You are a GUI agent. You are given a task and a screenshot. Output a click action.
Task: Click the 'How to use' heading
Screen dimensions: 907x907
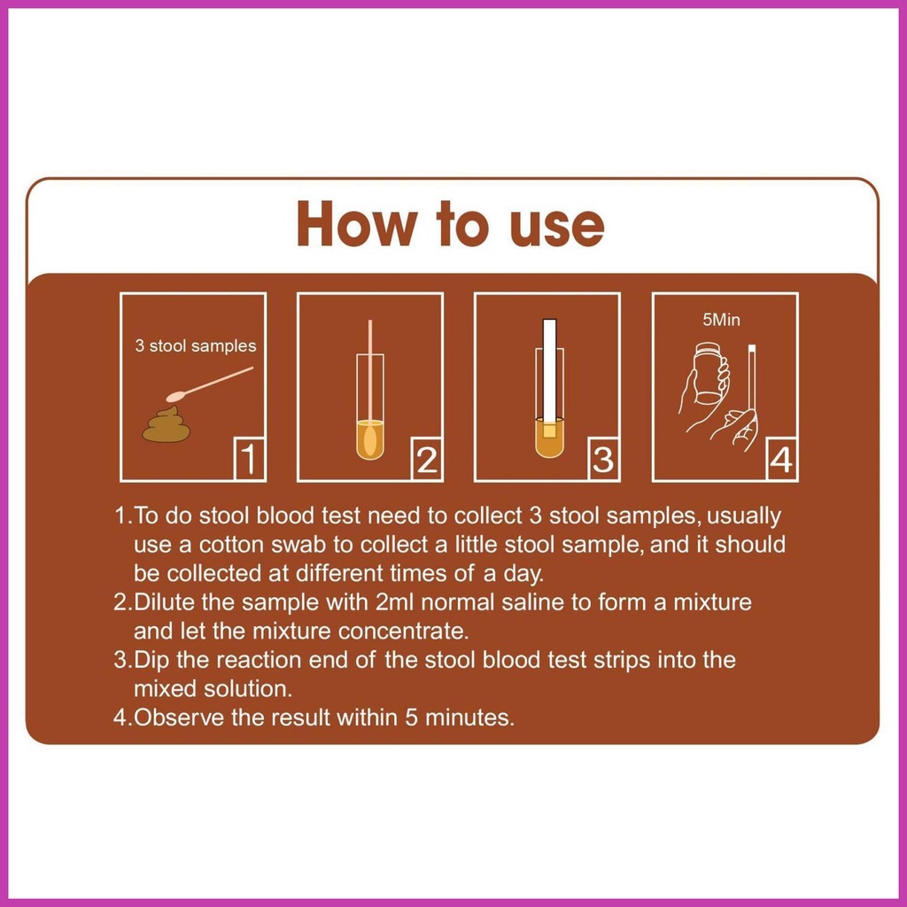click(x=451, y=224)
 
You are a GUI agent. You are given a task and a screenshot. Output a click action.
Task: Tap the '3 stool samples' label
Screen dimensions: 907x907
click(x=196, y=346)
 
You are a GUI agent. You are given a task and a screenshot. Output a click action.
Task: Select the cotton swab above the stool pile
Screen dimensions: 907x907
click(x=209, y=384)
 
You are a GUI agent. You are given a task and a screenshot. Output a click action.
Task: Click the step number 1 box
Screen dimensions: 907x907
click(x=249, y=460)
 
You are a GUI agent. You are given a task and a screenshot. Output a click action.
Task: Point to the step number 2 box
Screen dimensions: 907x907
click(x=427, y=460)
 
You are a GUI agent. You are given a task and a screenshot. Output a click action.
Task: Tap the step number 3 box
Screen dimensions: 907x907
click(x=604, y=460)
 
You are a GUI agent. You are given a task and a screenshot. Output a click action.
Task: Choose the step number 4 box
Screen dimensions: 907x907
click(x=781, y=460)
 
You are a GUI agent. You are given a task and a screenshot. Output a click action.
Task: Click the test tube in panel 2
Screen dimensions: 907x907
click(x=370, y=407)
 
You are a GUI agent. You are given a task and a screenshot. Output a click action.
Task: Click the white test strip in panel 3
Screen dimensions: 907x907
click(x=549, y=371)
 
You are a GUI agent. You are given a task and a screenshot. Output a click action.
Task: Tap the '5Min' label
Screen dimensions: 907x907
click(x=721, y=320)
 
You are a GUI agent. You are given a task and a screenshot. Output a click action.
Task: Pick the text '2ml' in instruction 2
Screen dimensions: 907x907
click(x=394, y=602)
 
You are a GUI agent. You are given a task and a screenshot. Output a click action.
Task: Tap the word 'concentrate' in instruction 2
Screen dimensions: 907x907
click(x=403, y=631)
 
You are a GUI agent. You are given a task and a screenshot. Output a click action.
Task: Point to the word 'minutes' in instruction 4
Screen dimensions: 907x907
click(x=469, y=717)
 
